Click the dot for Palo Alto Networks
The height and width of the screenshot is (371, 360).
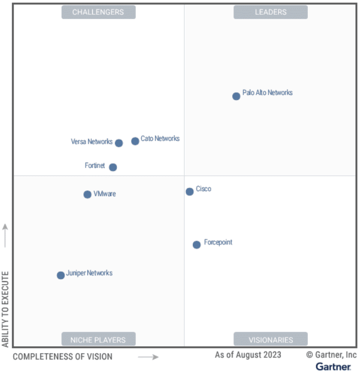(236, 96)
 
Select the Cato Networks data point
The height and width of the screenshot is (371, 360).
(135, 141)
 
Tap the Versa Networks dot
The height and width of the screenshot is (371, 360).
(119, 143)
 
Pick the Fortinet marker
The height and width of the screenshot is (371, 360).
(113, 167)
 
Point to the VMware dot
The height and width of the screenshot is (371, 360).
(87, 195)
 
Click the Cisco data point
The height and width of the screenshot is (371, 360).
(190, 192)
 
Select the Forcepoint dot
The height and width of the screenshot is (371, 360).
(197, 245)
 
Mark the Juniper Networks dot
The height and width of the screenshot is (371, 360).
(61, 275)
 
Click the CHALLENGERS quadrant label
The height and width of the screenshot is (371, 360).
(98, 12)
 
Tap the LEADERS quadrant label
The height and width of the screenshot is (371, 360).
(270, 12)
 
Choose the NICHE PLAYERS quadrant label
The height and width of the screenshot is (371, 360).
(98, 340)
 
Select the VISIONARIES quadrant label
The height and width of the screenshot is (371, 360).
(270, 340)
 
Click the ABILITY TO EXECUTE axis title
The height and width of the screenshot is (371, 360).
(6, 309)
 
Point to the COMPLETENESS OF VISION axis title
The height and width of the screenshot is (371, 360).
(62, 357)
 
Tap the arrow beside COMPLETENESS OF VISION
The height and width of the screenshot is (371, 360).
(148, 357)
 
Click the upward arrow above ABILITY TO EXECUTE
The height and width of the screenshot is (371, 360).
(6, 235)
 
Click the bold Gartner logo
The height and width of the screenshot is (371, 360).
(333, 366)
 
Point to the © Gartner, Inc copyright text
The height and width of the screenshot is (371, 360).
(331, 355)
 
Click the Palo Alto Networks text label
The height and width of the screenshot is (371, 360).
(267, 93)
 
